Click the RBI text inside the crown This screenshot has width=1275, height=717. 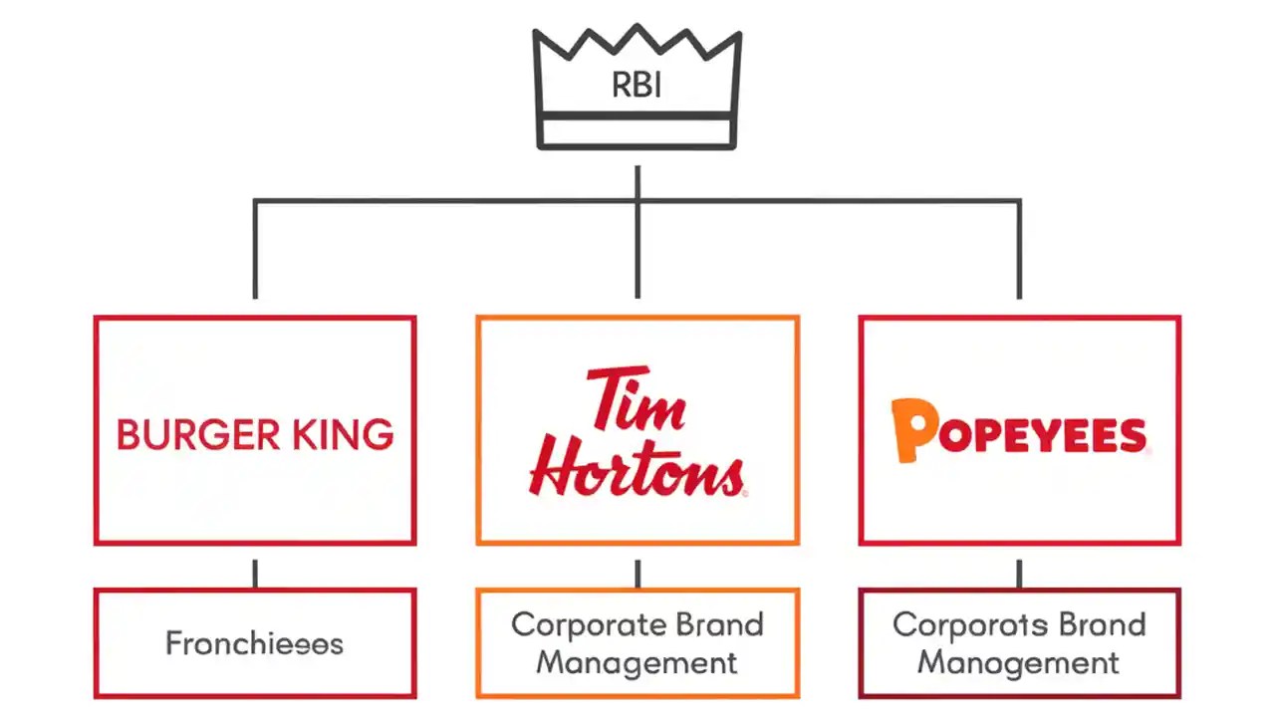tap(637, 85)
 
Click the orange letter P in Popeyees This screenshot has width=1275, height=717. tap(913, 431)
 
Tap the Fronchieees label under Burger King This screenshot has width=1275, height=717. tap(254, 643)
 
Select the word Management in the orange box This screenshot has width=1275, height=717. tap(637, 662)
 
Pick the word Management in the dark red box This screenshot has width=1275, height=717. tap(1018, 662)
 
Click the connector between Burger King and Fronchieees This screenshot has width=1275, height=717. tap(255, 574)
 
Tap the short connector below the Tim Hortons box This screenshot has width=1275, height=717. tap(637, 574)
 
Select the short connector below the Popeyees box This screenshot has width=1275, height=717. tap(1019, 574)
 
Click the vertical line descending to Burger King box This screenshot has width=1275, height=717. tap(255, 249)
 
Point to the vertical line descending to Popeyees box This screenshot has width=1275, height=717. tap(1019, 249)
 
